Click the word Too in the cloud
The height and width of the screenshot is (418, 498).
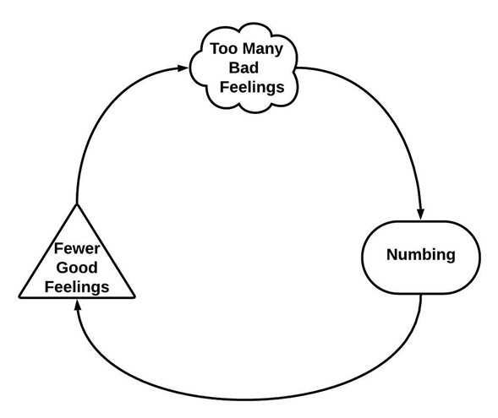tap(223, 50)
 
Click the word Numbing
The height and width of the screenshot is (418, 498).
tap(420, 253)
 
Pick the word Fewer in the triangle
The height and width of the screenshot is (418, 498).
tap(77, 250)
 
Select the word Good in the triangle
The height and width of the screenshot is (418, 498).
tap(77, 268)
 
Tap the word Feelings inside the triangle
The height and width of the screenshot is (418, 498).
tap(77, 286)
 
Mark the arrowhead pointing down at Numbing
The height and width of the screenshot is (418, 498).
tap(420, 214)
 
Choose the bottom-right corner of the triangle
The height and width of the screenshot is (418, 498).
tap(134, 297)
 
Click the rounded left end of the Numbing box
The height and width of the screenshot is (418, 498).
tap(366, 254)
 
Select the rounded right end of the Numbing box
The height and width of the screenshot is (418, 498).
tap(474, 254)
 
